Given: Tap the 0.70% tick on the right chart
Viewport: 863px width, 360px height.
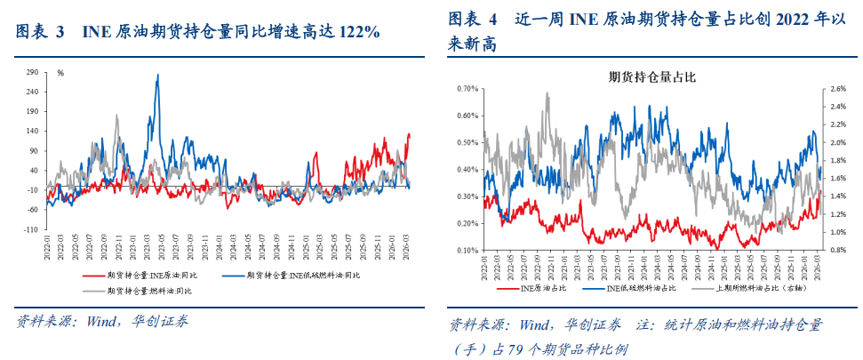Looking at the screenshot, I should point(467,89).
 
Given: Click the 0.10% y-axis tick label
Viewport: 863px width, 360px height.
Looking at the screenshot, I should point(467,251).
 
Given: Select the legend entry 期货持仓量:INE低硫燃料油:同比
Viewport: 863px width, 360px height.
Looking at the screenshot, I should point(302,276).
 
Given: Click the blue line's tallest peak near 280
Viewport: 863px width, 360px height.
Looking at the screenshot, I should point(158,76).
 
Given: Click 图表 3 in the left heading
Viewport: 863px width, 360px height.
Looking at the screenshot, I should point(41,33).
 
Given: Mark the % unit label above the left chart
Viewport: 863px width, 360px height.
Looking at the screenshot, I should point(60,73).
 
